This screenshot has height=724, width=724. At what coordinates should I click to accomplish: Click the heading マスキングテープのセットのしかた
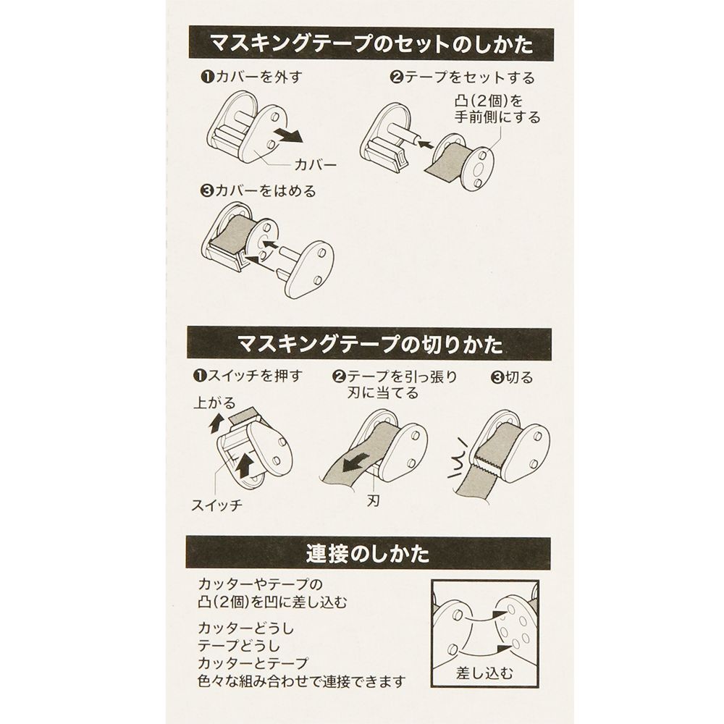371,46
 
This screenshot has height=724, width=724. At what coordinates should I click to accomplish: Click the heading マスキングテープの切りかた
371,342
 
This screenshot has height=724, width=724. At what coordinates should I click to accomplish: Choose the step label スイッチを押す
247,376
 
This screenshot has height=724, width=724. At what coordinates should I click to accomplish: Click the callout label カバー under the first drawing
316,164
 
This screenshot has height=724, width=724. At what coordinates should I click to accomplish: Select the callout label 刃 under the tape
376,500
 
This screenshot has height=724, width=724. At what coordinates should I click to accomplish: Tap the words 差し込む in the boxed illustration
484,673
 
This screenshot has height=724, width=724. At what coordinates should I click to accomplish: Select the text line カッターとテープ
253,662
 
